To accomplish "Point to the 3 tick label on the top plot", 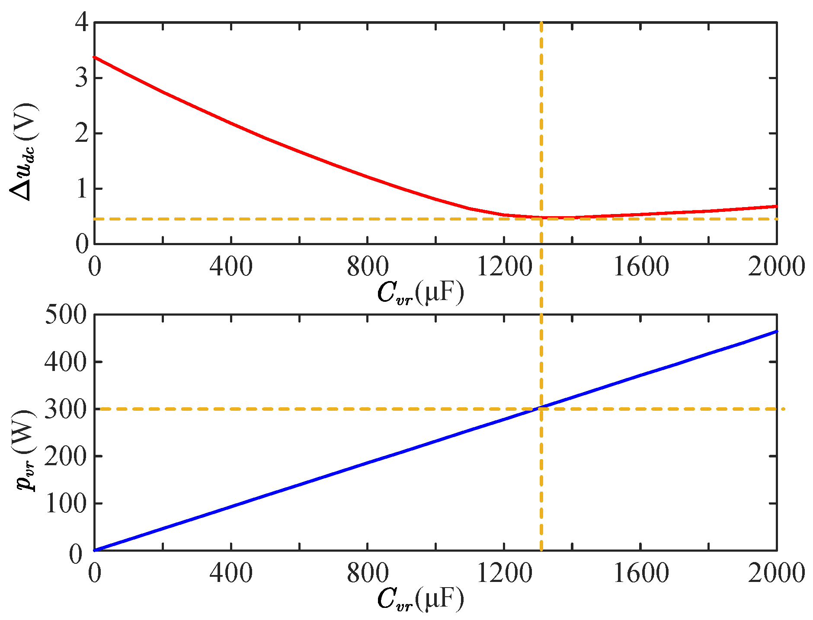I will pyautogui.click(x=82, y=78).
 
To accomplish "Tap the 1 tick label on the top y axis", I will pyautogui.click(x=82, y=189).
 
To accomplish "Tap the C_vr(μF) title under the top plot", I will pyautogui.click(x=420, y=293).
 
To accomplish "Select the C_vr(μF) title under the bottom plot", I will pyautogui.click(x=420, y=599).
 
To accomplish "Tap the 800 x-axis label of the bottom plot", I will pyautogui.click(x=368, y=573).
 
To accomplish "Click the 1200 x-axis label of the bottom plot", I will pyautogui.click(x=504, y=573).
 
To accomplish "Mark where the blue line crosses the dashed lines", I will pyautogui.click(x=541, y=408).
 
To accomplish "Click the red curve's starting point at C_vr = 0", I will pyautogui.click(x=95, y=57).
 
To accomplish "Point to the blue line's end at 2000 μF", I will pyautogui.click(x=777, y=332).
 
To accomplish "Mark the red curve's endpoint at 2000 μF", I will pyautogui.click(x=777, y=206).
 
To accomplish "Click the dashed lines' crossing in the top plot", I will pyautogui.click(x=541, y=219).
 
